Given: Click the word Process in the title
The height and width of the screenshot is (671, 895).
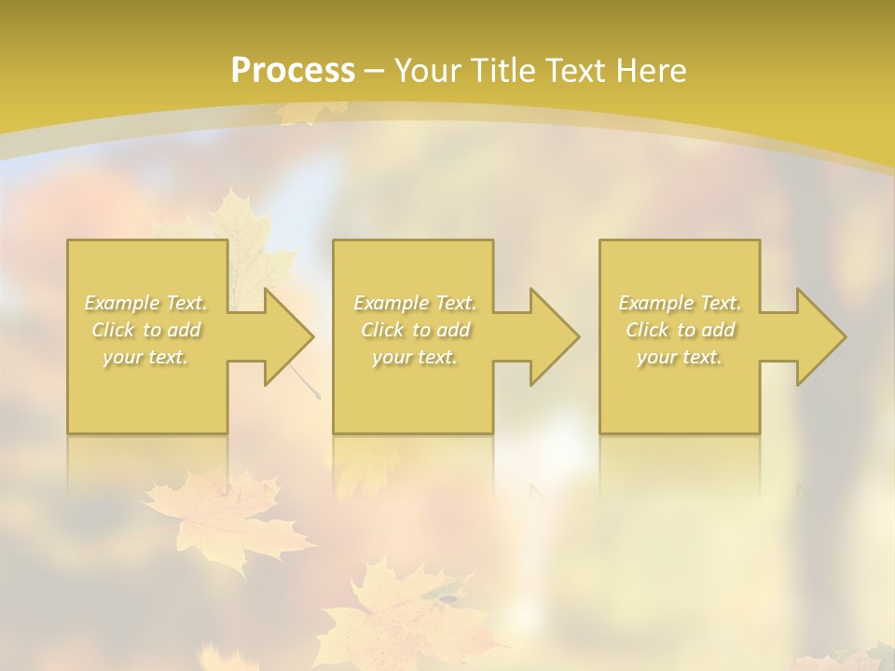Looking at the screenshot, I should click(293, 71).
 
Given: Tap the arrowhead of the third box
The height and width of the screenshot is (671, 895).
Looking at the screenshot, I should click(821, 336).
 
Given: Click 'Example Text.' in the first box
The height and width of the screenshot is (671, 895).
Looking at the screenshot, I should click(146, 303).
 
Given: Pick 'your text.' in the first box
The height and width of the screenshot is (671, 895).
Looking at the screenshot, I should click(146, 357).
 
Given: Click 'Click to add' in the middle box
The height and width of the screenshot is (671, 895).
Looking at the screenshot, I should click(415, 330).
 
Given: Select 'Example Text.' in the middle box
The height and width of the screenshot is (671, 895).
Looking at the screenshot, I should click(415, 303).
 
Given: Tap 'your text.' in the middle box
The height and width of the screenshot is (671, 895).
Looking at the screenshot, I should click(415, 357).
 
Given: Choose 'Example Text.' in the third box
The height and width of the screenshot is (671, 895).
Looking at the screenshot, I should click(680, 303).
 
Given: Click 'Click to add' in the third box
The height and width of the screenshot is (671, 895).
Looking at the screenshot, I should click(680, 330).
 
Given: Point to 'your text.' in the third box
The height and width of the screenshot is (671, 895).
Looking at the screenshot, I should click(680, 357).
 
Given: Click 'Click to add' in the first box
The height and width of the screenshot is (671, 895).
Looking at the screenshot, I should click(146, 330).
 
